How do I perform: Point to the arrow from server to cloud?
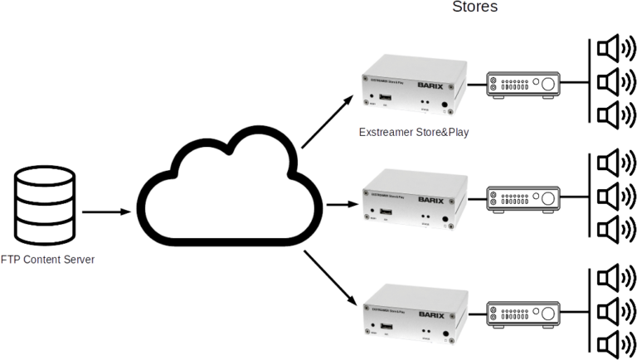coord(107,212)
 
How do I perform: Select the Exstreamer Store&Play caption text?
coord(414,133)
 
